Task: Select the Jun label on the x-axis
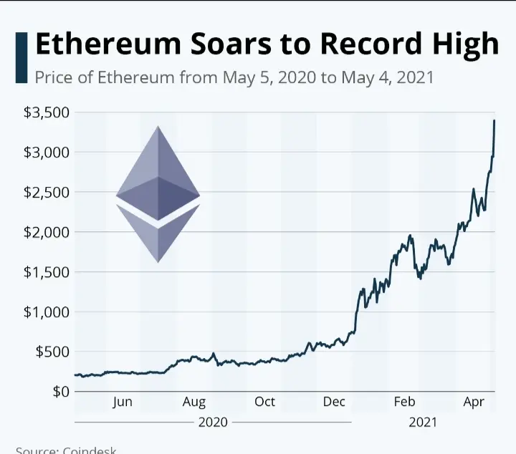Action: click(x=123, y=402)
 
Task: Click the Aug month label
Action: click(x=194, y=402)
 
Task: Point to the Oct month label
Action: click(x=264, y=402)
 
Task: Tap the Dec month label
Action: click(x=334, y=402)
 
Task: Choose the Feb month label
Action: click(x=404, y=402)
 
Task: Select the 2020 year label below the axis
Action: click(x=213, y=422)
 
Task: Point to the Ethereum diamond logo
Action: click(x=158, y=194)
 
